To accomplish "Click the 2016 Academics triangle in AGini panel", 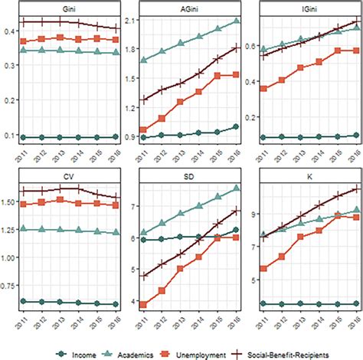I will click(236, 21).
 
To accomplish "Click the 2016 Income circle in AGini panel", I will click(236, 126).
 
